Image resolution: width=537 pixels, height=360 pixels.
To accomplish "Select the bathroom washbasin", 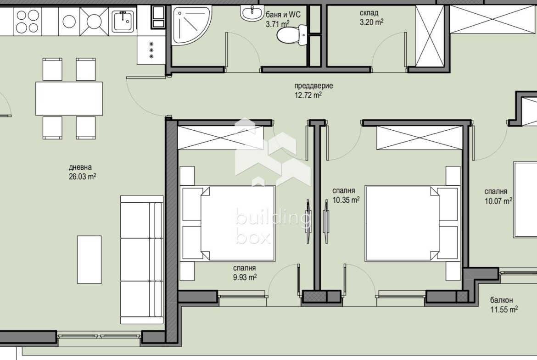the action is [252, 13].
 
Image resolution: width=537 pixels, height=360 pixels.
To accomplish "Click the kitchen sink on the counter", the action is [123, 21].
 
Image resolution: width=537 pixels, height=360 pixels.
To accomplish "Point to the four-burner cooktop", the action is [28, 21].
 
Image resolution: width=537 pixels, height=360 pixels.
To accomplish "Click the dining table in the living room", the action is [69, 99].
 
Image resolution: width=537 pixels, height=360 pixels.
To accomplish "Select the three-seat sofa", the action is [141, 260].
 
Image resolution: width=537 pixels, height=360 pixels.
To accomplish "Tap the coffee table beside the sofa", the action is [89, 260].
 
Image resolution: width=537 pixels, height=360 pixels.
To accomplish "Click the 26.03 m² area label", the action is [82, 177].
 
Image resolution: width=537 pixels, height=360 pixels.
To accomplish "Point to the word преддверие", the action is [313, 86].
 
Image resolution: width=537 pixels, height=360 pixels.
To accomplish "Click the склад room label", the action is [369, 13].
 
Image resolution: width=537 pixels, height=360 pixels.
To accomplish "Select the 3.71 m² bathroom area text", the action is [278, 24].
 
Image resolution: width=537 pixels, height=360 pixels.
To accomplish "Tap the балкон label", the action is [501, 300].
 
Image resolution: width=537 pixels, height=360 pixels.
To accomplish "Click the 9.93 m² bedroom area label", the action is [245, 277].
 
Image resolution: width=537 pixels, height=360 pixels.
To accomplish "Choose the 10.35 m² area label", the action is [346, 200].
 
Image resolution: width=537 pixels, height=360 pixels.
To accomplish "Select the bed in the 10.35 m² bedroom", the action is [412, 223].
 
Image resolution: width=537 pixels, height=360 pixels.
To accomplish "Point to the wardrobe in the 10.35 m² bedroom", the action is [420, 138].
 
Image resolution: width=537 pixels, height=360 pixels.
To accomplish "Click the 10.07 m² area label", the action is [498, 201].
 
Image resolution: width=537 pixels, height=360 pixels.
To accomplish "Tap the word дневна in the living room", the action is [80, 167].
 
